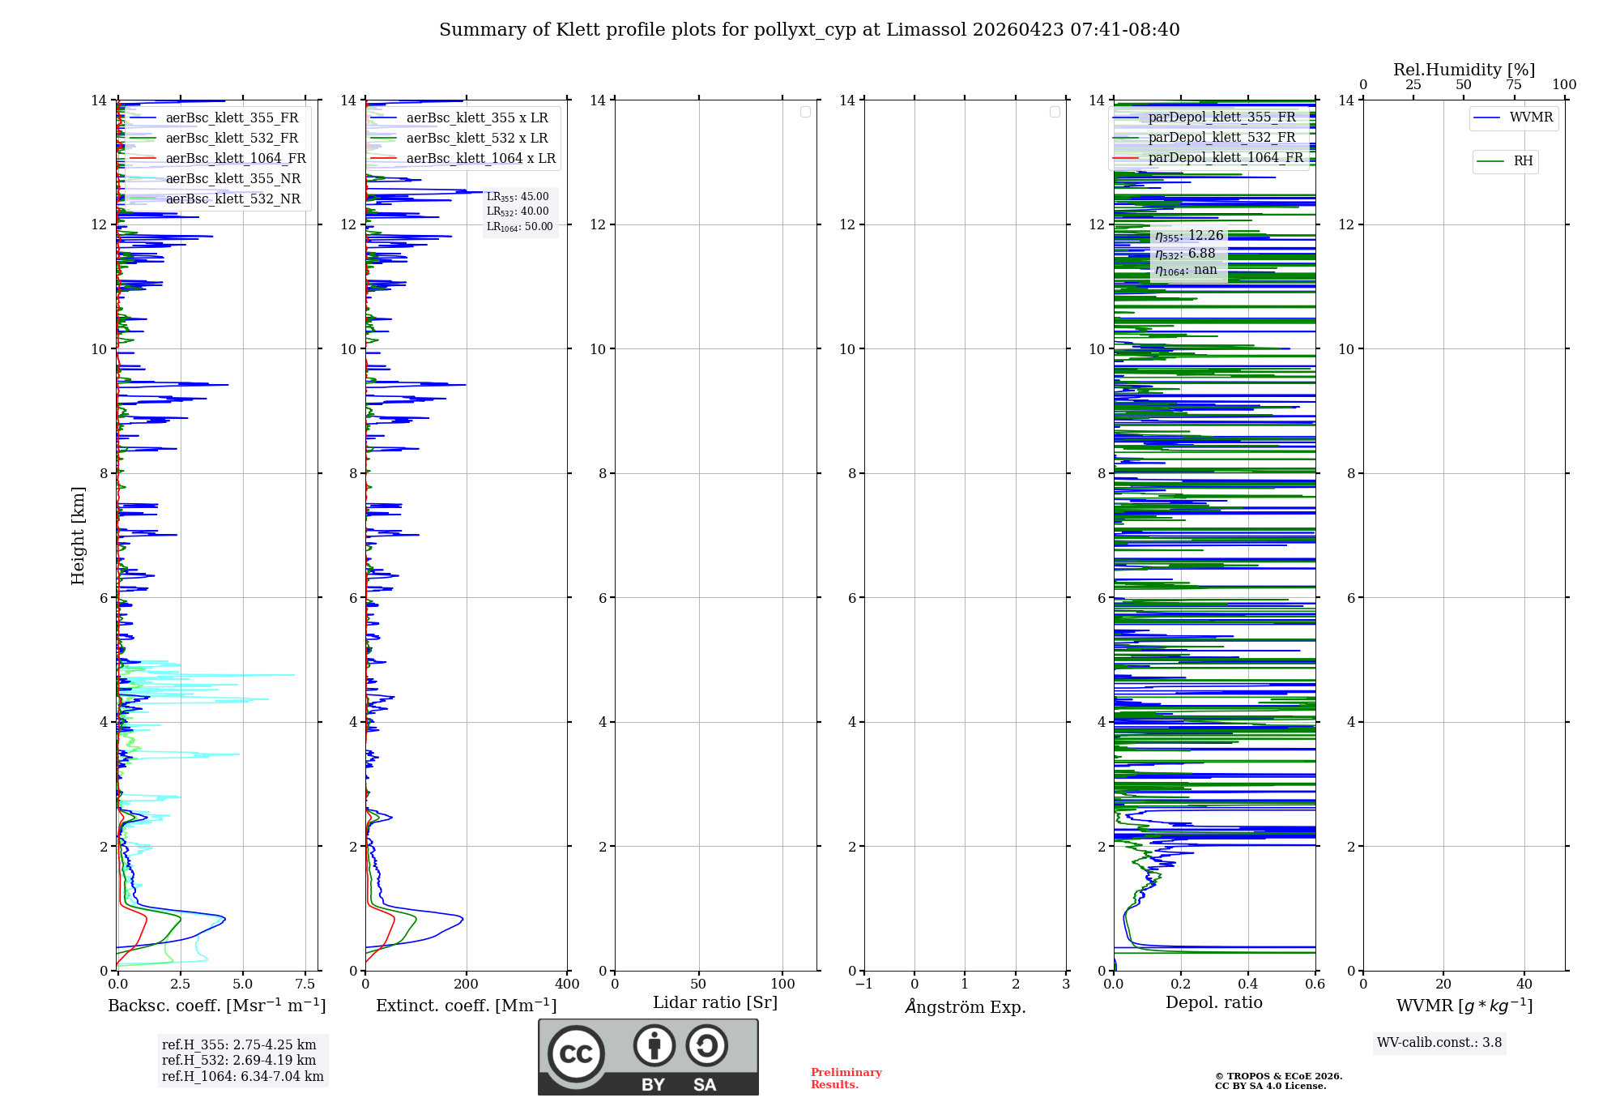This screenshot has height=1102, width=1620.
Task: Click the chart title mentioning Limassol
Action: [809, 30]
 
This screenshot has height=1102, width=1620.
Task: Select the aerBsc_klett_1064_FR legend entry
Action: [235, 159]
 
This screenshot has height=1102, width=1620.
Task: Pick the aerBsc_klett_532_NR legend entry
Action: [232, 199]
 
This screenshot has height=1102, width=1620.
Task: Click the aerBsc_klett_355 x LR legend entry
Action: [476, 118]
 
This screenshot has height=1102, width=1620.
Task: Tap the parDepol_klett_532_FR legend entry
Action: [1221, 138]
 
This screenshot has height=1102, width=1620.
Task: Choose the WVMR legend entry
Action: [1531, 117]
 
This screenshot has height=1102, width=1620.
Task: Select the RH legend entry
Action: [1523, 161]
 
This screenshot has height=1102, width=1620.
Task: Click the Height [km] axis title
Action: [78, 536]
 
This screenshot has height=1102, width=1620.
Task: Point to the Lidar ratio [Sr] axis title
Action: [715, 1003]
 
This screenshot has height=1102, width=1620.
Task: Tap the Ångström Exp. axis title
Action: [965, 1007]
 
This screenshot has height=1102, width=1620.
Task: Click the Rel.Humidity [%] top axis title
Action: [1464, 70]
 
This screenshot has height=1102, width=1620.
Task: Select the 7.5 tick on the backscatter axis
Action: [305, 985]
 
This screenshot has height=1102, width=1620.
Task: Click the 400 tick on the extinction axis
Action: [567, 985]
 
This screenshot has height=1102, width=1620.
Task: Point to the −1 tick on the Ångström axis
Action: [864, 985]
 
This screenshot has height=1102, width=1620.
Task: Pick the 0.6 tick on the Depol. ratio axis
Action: [1315, 985]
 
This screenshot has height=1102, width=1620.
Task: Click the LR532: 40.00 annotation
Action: [518, 211]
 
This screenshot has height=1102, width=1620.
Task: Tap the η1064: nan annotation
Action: [1186, 270]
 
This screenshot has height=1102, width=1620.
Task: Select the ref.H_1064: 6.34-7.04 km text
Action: [242, 1077]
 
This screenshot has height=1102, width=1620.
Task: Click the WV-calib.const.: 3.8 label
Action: [1439, 1043]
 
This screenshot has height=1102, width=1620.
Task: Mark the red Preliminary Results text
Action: [846, 1079]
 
